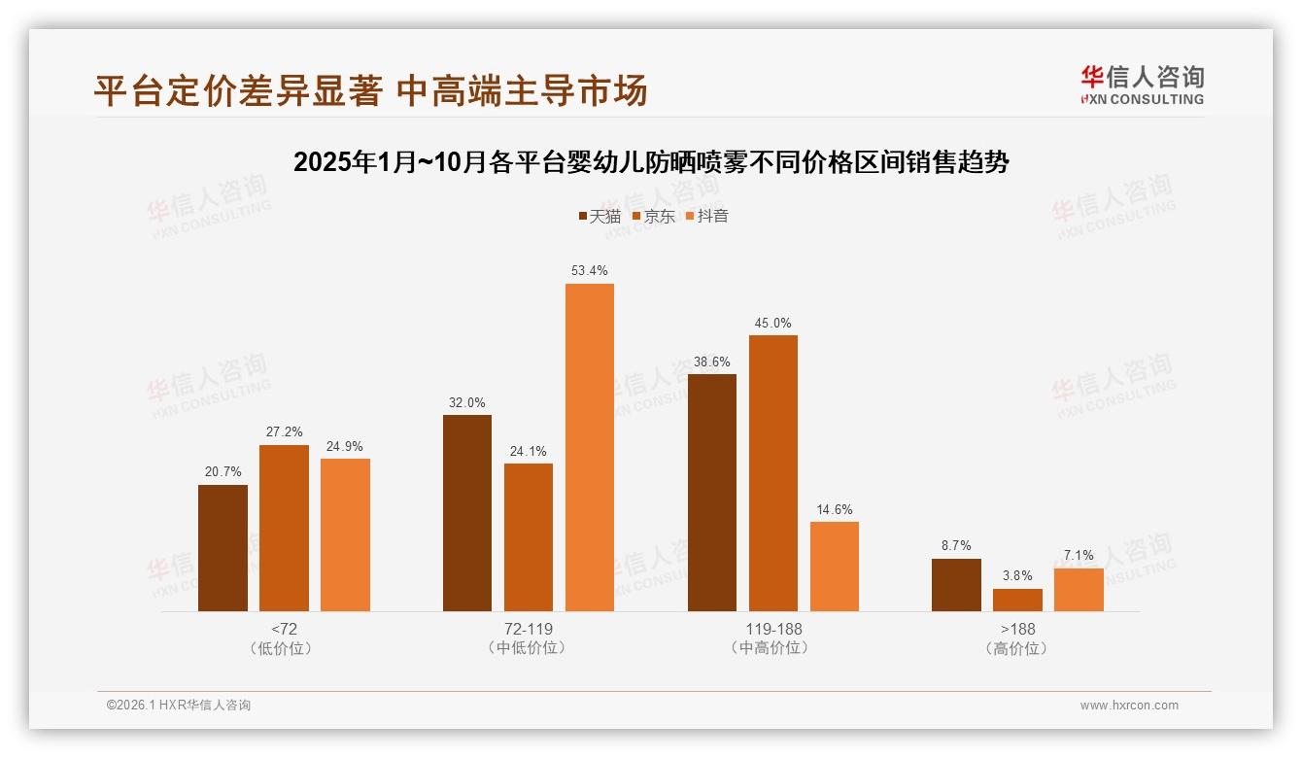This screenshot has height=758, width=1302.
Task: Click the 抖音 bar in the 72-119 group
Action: [x=590, y=447]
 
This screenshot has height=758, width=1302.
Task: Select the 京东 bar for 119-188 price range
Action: [x=772, y=473]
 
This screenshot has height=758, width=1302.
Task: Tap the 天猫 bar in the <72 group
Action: [x=223, y=548]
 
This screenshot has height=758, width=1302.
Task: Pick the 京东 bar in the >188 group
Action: [x=1017, y=600]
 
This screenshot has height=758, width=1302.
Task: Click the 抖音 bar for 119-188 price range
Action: [x=834, y=567]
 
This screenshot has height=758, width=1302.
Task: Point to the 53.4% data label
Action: [x=590, y=270]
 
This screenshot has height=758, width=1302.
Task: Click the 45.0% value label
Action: [x=772, y=323]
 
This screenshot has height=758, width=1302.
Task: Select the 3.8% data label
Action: [x=1017, y=575]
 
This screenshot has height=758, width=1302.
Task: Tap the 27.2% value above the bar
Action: [x=284, y=431]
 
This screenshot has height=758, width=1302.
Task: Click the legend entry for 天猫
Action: [x=600, y=216]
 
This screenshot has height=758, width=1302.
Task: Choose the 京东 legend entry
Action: [x=654, y=216]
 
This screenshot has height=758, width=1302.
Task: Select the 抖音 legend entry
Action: [x=707, y=216]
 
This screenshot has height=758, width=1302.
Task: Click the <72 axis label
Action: [x=284, y=629]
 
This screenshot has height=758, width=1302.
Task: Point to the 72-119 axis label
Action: [x=528, y=629]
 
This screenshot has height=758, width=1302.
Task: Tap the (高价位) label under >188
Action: [x=1017, y=648]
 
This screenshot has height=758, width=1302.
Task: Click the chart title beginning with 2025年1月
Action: [x=651, y=162]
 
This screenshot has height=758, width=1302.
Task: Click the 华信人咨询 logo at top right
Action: [x=1142, y=85]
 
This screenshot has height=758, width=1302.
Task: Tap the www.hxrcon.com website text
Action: [x=1129, y=706]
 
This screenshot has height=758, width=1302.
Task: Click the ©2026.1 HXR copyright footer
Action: [x=179, y=706]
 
